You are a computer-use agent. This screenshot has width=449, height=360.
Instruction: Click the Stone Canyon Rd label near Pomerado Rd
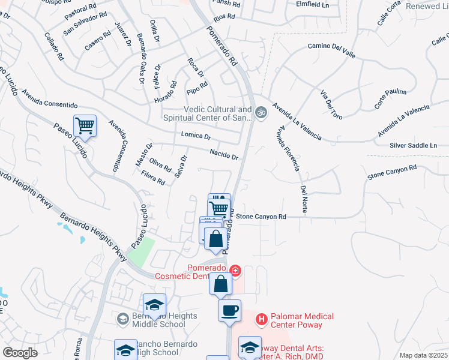point(261,217)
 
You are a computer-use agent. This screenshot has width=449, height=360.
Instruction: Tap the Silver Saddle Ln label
point(413,146)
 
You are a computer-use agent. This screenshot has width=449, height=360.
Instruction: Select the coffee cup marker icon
point(229,311)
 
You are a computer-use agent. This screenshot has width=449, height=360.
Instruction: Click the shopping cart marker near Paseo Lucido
point(85,126)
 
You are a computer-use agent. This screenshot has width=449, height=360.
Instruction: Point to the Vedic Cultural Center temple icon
point(261,112)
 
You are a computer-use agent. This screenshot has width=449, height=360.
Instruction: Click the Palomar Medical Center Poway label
point(298,320)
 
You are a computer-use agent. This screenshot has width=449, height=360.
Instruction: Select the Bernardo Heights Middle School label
point(158,320)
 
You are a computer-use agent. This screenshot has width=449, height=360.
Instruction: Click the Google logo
point(20,353)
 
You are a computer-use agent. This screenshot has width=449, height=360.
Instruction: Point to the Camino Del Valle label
point(331,50)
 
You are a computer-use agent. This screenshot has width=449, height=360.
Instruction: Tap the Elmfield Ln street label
point(313,4)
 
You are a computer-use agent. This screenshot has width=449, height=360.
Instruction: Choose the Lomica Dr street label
point(196,137)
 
